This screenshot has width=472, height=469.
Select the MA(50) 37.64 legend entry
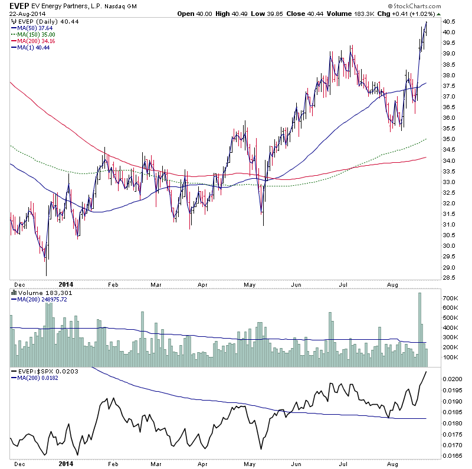pos(33,27)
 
